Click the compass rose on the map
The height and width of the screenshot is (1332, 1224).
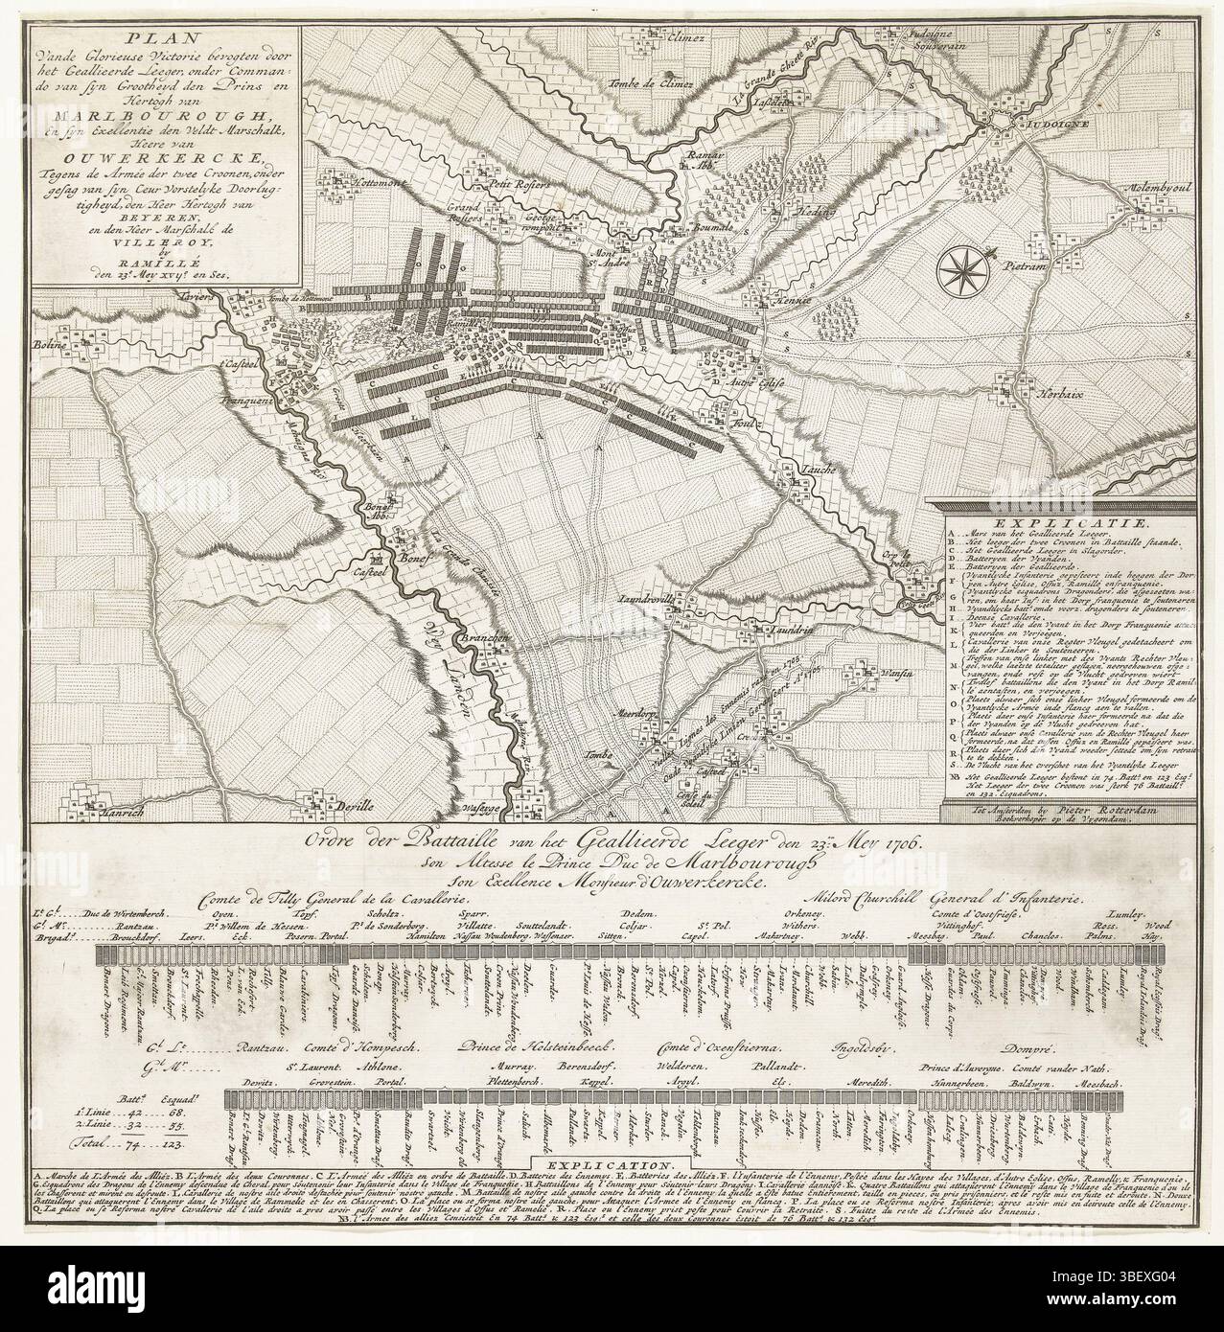(965, 268)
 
